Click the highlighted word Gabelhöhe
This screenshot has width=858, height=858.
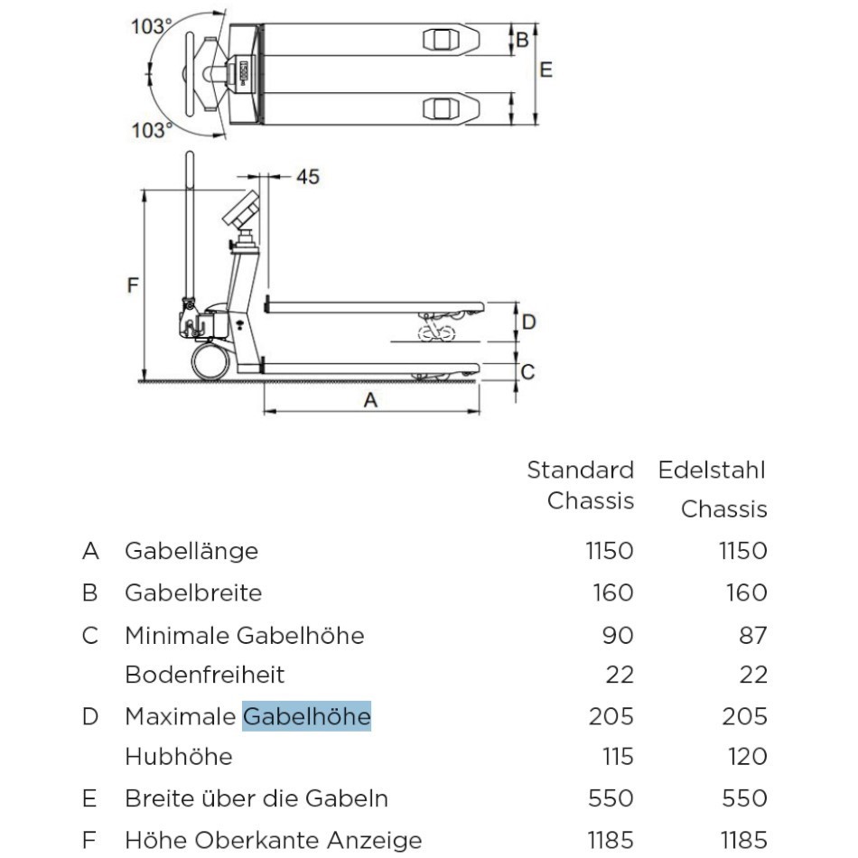click(x=306, y=716)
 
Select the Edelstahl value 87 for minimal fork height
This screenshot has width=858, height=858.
click(x=752, y=635)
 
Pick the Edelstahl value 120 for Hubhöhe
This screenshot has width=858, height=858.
click(x=747, y=756)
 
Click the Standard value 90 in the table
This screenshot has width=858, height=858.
click(x=619, y=635)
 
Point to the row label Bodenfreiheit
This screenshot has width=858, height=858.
click(x=205, y=675)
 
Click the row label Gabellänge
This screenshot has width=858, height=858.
click(x=191, y=551)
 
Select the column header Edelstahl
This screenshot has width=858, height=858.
click(x=712, y=470)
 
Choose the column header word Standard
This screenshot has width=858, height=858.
click(x=581, y=470)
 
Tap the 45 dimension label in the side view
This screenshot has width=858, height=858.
click(x=308, y=177)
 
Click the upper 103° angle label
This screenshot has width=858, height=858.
click(x=151, y=27)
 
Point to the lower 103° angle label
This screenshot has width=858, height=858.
click(x=151, y=131)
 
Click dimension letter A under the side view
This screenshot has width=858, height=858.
click(x=370, y=399)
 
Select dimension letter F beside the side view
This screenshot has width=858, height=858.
click(x=133, y=286)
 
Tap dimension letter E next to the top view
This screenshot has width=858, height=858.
click(x=546, y=70)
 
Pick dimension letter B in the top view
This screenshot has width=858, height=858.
click(x=522, y=40)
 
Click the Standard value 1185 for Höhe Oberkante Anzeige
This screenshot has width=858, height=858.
click(x=610, y=840)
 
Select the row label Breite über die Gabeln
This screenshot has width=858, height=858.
click(x=256, y=798)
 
